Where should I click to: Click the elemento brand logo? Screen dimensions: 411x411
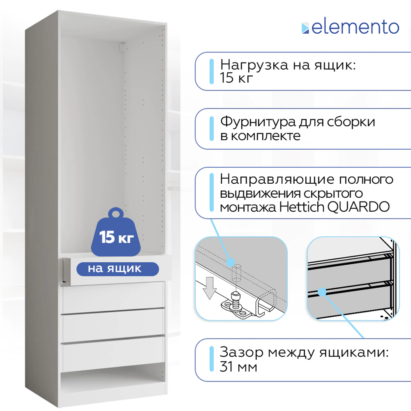point(350,27)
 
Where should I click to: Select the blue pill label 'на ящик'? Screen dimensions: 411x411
point(118,269)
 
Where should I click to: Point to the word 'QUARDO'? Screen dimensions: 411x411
point(358,207)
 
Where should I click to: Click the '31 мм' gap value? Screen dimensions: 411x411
point(238,367)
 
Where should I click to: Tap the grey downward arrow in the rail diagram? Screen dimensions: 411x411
point(210,288)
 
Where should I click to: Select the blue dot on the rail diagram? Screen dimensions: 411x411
point(231,262)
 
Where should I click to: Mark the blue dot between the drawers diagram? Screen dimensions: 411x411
point(322,292)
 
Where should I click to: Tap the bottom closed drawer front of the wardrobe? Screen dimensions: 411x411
point(113,354)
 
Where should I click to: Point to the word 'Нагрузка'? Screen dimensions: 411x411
point(254,65)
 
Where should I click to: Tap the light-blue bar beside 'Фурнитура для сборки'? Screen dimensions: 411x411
point(212,129)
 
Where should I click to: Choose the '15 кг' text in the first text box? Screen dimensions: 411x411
point(236,78)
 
